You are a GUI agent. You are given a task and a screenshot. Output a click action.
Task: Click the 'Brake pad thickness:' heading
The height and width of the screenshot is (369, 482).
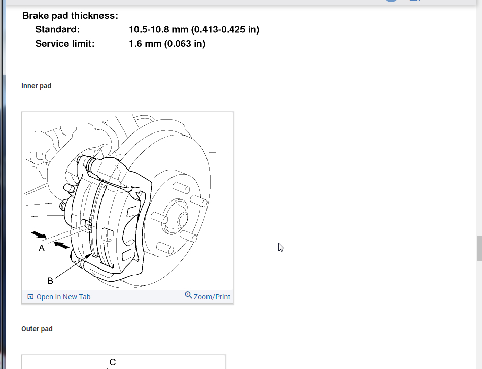70,16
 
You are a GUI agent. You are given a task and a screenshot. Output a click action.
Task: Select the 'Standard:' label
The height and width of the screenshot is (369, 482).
57,29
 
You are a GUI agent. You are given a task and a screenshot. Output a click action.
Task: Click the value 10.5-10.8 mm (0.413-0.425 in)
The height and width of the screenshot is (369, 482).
194,29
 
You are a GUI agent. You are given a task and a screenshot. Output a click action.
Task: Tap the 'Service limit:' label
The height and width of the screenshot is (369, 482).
65,43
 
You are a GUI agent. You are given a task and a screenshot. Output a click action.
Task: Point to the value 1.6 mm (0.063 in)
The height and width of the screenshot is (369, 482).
167,43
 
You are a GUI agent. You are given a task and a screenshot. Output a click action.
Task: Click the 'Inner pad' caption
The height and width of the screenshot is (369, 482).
36,86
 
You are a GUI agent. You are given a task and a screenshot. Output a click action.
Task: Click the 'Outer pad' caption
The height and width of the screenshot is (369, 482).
37,329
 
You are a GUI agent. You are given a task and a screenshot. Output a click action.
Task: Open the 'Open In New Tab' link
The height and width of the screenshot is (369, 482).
63,297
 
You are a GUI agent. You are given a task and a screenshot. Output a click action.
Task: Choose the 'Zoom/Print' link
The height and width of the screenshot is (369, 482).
212,297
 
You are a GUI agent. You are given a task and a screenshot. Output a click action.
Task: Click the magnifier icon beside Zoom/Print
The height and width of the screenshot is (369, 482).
188,295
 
